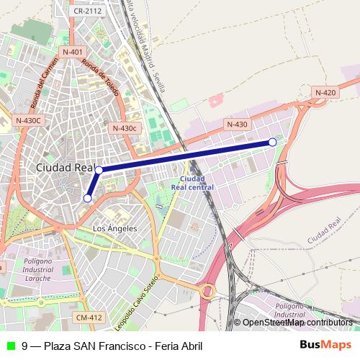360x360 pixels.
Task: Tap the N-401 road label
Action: tap(73, 52)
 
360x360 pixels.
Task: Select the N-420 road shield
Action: tap(325, 92)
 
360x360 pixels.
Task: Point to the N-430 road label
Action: tap(237, 125)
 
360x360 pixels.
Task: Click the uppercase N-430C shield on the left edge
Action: tap(28, 120)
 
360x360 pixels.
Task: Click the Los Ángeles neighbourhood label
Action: tap(115, 228)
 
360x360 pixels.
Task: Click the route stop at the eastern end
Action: tap(272, 143)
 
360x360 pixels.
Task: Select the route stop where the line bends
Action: tap(99, 170)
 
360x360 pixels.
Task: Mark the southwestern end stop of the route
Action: tap(87, 198)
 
